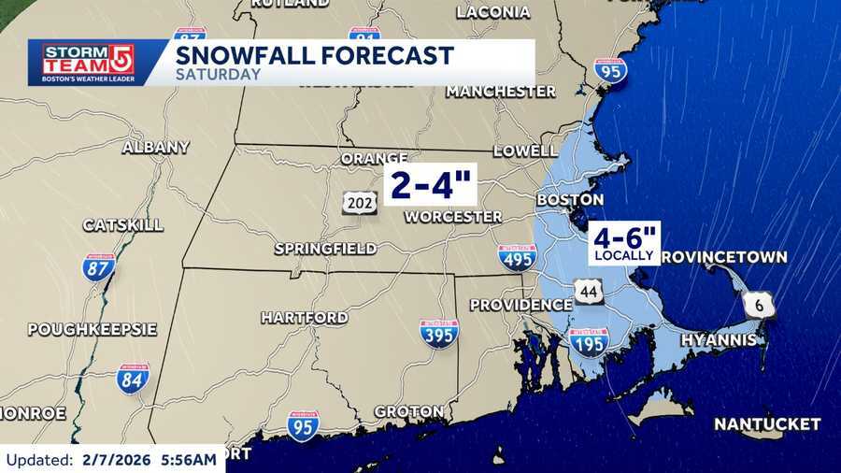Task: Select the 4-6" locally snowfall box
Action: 623,243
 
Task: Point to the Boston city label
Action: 569,200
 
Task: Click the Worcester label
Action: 453,217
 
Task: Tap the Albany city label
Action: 156,147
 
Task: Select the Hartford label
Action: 304,318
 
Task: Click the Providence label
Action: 520,305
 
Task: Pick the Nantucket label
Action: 767,424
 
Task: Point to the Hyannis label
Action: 718,340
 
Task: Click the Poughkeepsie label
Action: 92,329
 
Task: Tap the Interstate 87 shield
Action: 99,268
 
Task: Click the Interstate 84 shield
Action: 133,379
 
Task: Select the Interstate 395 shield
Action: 438,334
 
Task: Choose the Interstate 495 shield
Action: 517,257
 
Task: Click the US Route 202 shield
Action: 360,202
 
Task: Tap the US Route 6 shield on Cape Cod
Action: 758,304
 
